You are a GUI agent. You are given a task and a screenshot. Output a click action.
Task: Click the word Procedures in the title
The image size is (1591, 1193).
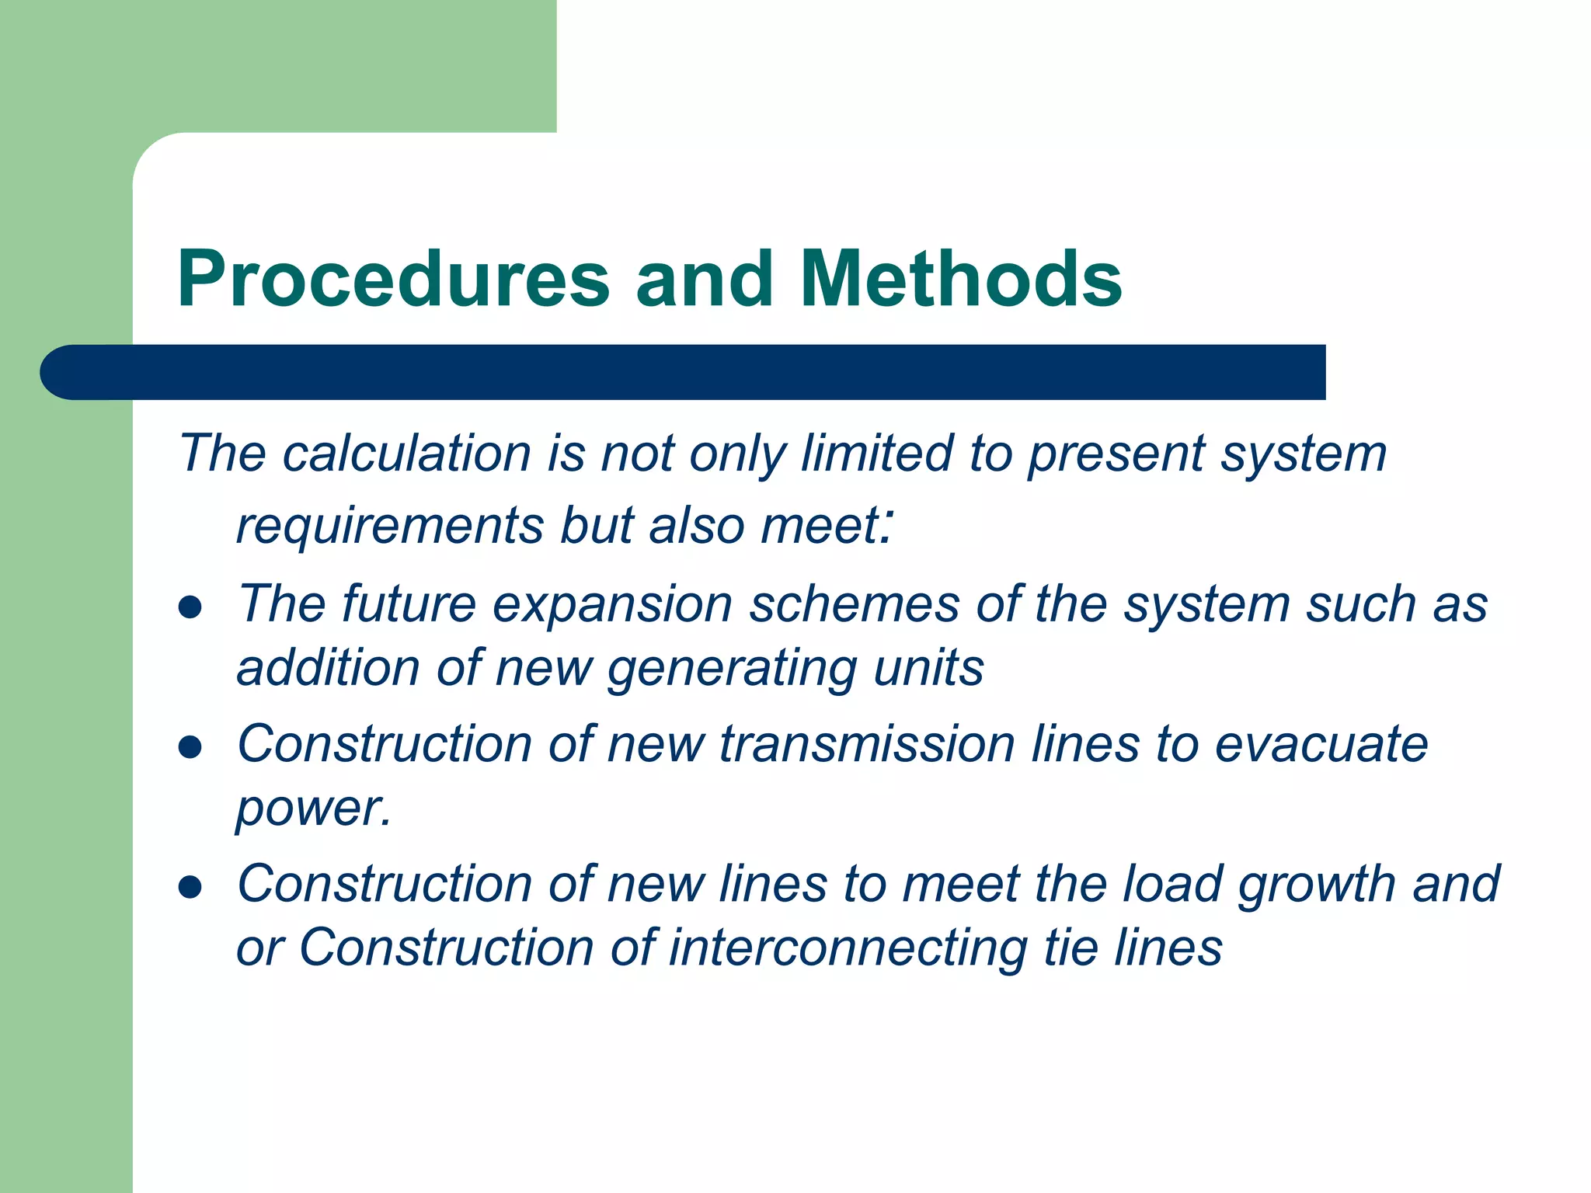393,280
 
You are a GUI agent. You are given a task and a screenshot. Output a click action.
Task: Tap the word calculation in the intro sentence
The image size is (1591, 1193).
406,454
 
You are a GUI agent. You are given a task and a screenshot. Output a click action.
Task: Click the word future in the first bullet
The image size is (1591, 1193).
409,604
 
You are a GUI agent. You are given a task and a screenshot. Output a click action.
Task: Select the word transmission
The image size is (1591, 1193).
867,744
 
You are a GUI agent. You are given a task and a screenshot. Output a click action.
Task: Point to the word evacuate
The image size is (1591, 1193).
1321,744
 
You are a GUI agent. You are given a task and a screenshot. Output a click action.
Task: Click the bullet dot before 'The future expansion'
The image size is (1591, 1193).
190,607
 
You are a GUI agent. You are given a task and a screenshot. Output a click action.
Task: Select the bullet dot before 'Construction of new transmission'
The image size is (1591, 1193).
190,747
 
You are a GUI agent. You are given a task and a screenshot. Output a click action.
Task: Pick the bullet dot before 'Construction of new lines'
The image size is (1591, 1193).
190,887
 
